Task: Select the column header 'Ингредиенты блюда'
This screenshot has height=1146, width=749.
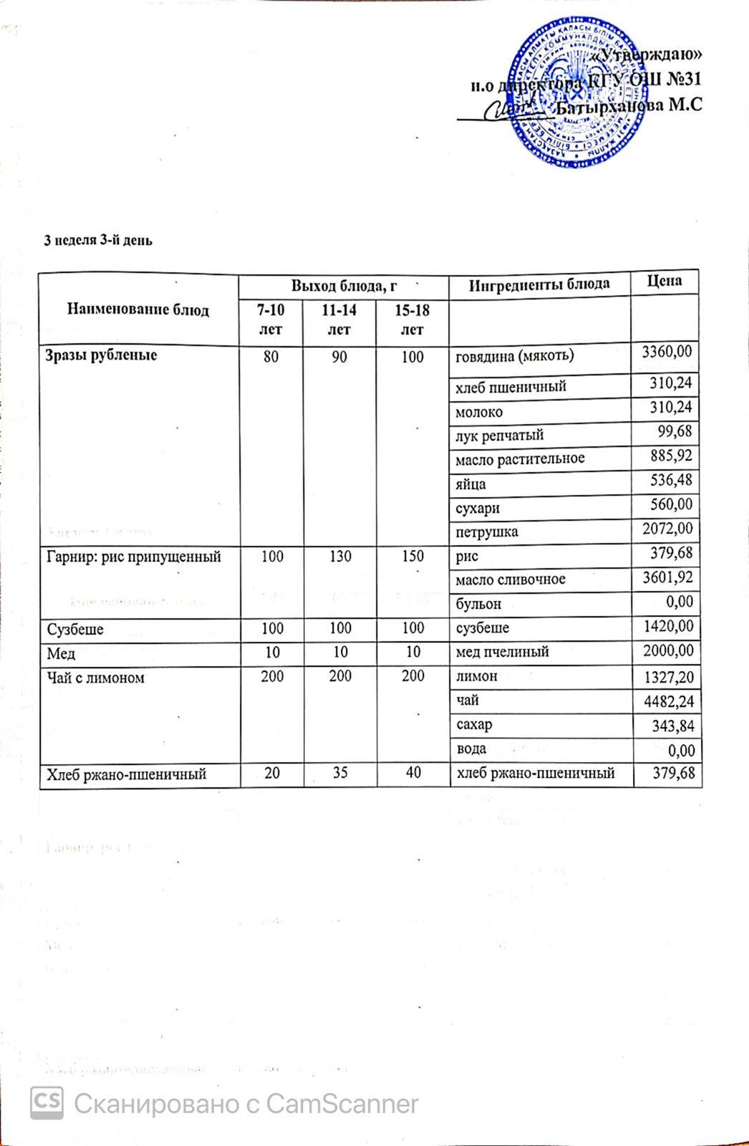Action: (538, 284)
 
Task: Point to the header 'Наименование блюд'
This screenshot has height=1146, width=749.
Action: (138, 309)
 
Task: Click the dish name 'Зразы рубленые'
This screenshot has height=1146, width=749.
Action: (102, 355)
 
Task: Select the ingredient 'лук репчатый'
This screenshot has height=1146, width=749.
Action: (500, 435)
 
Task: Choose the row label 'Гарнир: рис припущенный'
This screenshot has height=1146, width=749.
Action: (133, 557)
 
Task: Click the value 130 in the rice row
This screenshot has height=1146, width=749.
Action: (339, 557)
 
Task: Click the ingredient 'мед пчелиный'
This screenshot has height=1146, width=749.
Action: (503, 653)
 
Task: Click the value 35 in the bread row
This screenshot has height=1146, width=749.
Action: (339, 773)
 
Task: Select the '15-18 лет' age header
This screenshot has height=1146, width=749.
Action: (412, 319)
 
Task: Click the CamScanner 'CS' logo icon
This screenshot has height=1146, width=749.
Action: (47, 1103)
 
